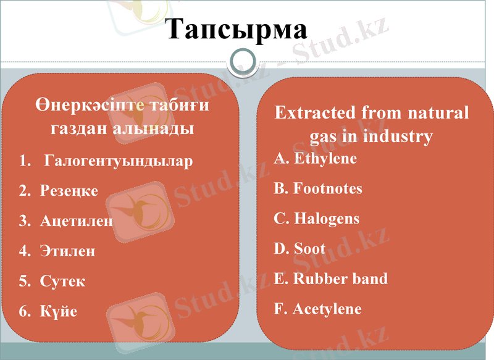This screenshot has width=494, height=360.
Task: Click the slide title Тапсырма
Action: [237, 29]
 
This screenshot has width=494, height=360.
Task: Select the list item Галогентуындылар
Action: [119, 162]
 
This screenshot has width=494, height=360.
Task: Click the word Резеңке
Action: [69, 191]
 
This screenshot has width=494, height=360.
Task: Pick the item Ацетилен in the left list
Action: [77, 221]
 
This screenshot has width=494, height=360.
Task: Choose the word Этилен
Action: [68, 251]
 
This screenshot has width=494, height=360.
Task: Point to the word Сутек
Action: [62, 282]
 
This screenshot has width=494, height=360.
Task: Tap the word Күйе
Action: [59, 311]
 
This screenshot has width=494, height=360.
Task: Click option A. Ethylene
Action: [316, 159]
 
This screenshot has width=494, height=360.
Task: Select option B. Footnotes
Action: [318, 188]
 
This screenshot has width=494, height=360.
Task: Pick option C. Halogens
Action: [317, 219]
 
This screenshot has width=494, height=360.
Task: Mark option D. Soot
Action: [299, 249]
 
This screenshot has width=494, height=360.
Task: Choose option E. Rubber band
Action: [331, 278]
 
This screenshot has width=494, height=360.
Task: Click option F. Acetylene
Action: [317, 309]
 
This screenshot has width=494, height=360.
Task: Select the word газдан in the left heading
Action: [80, 129]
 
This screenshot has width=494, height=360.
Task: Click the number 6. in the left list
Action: [25, 311]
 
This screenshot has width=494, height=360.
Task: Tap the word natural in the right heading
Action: [438, 113]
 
